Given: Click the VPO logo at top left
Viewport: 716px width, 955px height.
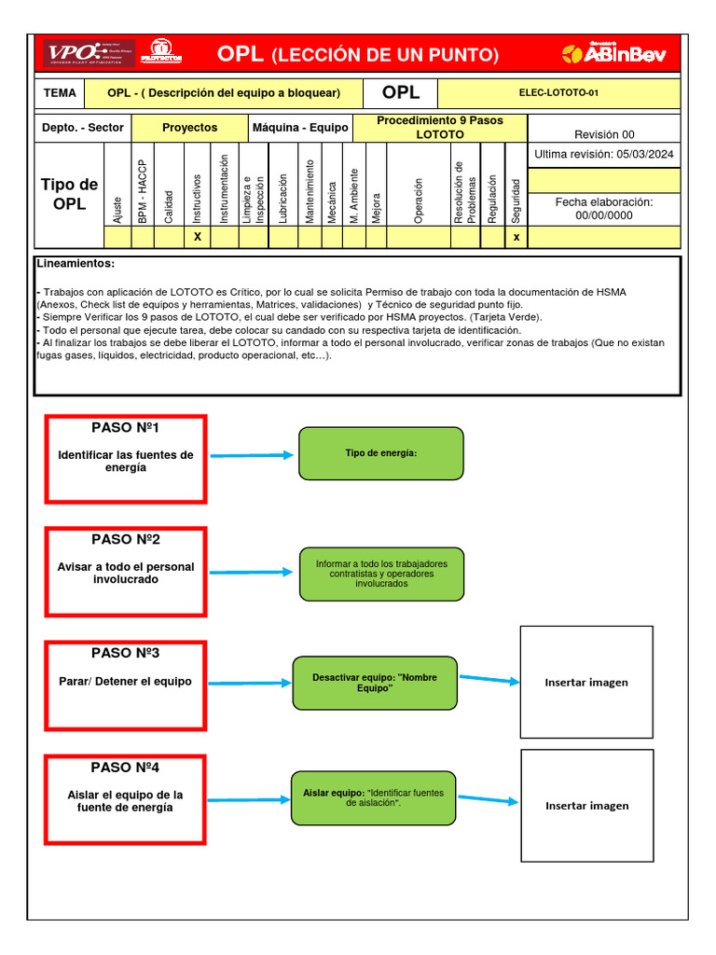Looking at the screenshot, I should click(x=89, y=53).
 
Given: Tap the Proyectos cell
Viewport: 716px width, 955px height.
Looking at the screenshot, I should click(x=189, y=128).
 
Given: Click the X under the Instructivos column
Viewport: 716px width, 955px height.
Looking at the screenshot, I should click(x=197, y=237).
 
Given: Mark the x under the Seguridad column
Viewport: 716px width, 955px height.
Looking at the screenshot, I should click(x=516, y=237).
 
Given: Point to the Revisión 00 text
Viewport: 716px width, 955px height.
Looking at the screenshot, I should click(x=603, y=134).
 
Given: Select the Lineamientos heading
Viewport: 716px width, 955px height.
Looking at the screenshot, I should click(x=76, y=264).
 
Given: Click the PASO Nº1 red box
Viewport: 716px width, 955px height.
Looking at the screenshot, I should click(x=126, y=459).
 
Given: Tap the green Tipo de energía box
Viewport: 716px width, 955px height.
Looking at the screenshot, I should click(x=380, y=453).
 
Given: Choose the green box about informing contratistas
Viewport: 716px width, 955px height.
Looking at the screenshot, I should click(x=380, y=574).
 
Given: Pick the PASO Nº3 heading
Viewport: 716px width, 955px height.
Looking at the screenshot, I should click(x=125, y=653).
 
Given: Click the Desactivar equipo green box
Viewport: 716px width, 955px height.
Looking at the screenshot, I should click(x=374, y=683).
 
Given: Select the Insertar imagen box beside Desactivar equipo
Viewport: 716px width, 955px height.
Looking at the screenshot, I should click(x=586, y=682).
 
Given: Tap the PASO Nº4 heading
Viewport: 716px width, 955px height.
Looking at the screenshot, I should click(x=125, y=768).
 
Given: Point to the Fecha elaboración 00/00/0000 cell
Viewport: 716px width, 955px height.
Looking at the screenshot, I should click(x=603, y=208).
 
